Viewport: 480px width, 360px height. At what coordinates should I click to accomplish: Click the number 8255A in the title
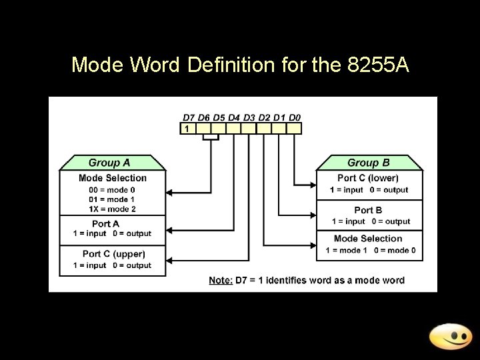pyautogui.click(x=378, y=65)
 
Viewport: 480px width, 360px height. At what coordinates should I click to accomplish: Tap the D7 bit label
pyautogui.click(x=189, y=117)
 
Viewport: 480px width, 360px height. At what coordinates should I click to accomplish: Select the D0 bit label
pyautogui.click(x=293, y=117)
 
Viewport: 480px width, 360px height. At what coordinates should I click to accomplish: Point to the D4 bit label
pyautogui.click(x=234, y=117)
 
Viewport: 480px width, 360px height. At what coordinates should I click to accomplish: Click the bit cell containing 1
pyautogui.click(x=188, y=128)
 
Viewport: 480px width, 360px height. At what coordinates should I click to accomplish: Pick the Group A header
pyautogui.click(x=109, y=163)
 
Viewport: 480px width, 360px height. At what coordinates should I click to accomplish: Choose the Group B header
pyautogui.click(x=368, y=163)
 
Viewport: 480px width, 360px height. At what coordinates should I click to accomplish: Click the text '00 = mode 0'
pyautogui.click(x=112, y=190)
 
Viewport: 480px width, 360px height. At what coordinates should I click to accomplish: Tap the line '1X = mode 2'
pyautogui.click(x=112, y=209)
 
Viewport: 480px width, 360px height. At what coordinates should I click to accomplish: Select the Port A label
pyautogui.click(x=105, y=224)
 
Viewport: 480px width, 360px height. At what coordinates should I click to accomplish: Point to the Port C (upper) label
pyautogui.click(x=113, y=254)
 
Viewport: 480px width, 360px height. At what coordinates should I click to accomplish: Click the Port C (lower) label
pyautogui.click(x=368, y=178)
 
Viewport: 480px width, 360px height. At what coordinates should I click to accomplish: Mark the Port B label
pyautogui.click(x=368, y=211)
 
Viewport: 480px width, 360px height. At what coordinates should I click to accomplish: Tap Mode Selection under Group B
pyautogui.click(x=368, y=239)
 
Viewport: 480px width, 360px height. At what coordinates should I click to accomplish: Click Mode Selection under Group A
pyautogui.click(x=112, y=178)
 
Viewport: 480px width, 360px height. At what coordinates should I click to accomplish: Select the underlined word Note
pyautogui.click(x=221, y=280)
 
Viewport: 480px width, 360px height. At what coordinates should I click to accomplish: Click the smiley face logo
pyautogui.click(x=450, y=336)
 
